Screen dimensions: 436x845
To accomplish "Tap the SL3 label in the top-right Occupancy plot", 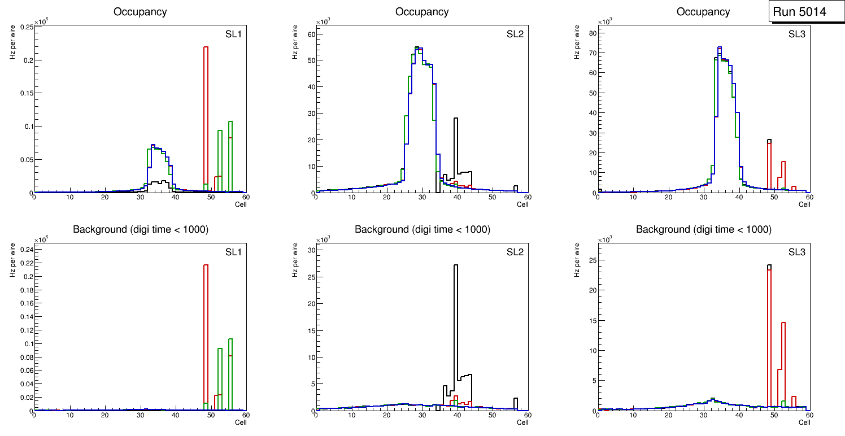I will pos(797,33).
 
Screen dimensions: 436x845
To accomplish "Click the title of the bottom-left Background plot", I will pos(140,229).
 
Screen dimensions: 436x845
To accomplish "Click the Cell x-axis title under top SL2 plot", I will pos(522,204).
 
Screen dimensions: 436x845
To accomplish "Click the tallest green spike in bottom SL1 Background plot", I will pos(230,367).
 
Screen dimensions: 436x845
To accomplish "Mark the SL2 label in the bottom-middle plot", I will pos(515,251).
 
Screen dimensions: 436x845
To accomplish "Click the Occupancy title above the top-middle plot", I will pos(422,12).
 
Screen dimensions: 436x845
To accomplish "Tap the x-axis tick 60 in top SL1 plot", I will pos(245,197).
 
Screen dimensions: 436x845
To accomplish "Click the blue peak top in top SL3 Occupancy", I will pos(720,47).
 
